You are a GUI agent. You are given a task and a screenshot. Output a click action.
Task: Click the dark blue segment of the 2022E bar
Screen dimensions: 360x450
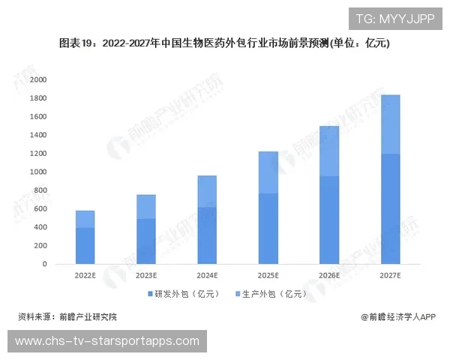(85, 246)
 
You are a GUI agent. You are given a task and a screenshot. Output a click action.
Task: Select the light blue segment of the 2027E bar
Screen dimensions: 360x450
(391, 124)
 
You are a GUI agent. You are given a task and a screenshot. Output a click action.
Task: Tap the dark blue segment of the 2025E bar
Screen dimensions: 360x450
(268, 229)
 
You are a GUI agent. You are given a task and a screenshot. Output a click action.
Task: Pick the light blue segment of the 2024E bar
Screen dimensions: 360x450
(207, 191)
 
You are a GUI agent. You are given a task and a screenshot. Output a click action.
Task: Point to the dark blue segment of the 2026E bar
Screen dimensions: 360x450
(329, 220)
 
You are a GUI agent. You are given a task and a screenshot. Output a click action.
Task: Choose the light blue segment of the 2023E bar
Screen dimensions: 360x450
(146, 207)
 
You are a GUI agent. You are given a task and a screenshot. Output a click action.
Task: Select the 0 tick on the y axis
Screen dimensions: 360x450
(43, 264)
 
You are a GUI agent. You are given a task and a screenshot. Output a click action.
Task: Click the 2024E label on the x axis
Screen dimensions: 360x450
(207, 276)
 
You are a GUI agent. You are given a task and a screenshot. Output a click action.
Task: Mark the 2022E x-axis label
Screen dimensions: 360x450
(85, 276)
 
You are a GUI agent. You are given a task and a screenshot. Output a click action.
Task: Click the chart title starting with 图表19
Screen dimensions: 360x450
(224, 43)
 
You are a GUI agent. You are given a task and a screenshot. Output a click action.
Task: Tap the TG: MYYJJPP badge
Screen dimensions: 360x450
(394, 19)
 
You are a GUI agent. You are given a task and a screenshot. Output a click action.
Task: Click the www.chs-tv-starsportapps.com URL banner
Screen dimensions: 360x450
(107, 341)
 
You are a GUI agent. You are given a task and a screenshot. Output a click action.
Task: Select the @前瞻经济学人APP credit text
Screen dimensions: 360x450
(397, 317)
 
